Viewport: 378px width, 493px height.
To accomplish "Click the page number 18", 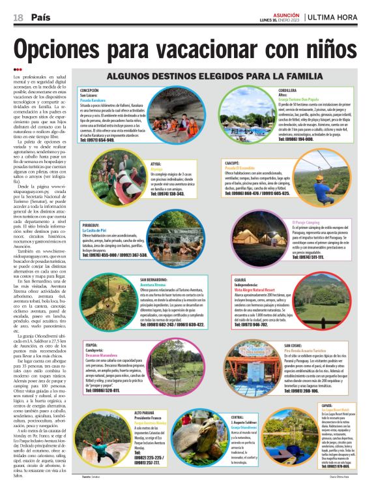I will [x=18, y=17].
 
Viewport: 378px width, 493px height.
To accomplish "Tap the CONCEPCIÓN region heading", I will [x=93, y=91].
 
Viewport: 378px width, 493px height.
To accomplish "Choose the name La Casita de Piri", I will [x=98, y=231].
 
